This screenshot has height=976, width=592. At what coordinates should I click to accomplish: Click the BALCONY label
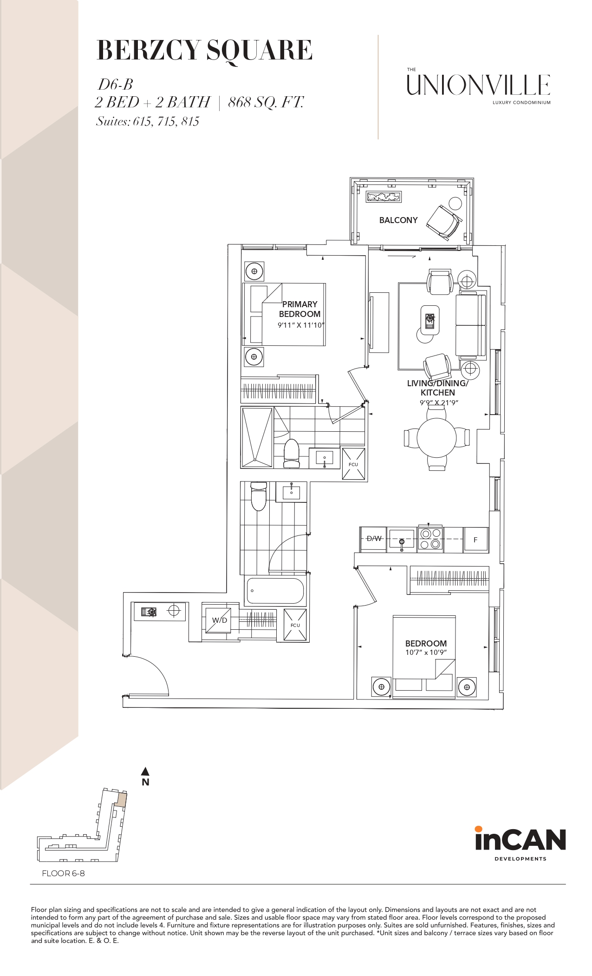point(398,220)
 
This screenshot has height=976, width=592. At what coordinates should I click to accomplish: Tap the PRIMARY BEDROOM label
point(299,309)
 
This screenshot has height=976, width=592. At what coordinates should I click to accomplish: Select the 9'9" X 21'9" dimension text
point(439,403)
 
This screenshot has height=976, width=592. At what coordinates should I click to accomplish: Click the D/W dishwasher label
point(374,539)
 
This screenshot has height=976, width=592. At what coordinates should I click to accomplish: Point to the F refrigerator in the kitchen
point(475,540)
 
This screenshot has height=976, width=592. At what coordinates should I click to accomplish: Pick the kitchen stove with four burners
point(430,539)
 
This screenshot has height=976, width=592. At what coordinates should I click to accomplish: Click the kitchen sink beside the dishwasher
point(402,539)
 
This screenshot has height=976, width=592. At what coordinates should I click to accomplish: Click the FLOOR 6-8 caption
point(63,873)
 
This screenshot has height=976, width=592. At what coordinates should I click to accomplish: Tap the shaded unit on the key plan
point(121,799)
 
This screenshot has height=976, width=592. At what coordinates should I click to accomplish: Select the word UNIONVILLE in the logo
point(479,85)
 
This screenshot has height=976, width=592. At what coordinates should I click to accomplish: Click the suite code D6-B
point(115,84)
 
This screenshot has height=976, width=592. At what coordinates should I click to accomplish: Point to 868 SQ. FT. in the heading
point(266,102)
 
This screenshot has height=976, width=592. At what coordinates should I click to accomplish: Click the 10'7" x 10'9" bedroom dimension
point(426,653)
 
